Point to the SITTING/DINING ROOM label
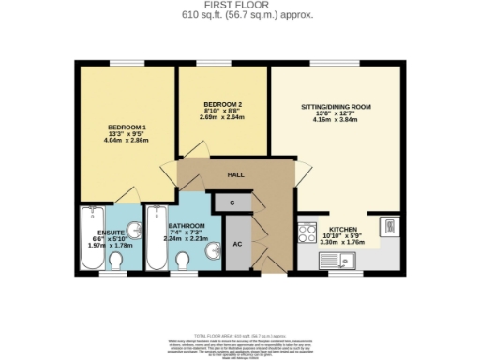(336, 108)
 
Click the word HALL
(237, 174)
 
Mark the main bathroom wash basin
(215, 249)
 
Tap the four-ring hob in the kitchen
(306, 233)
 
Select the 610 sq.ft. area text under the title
(240, 16)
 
